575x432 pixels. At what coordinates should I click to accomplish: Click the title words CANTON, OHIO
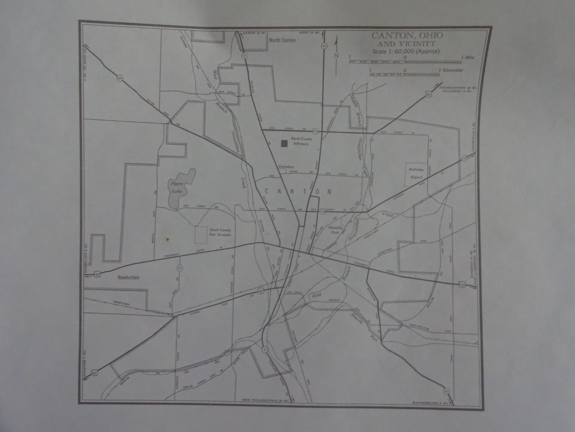coord(407,36)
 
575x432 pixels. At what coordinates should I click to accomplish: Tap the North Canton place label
coord(283,40)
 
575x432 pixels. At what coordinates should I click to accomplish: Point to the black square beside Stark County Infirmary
coord(284,143)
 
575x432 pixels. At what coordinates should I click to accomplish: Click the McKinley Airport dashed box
coord(414,173)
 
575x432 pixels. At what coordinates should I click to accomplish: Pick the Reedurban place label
coord(127,277)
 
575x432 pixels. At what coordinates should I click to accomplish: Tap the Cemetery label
coord(286,167)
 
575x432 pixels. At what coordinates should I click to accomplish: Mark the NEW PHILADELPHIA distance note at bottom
coord(266,400)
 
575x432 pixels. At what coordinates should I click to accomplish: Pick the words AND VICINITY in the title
coord(407,44)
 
